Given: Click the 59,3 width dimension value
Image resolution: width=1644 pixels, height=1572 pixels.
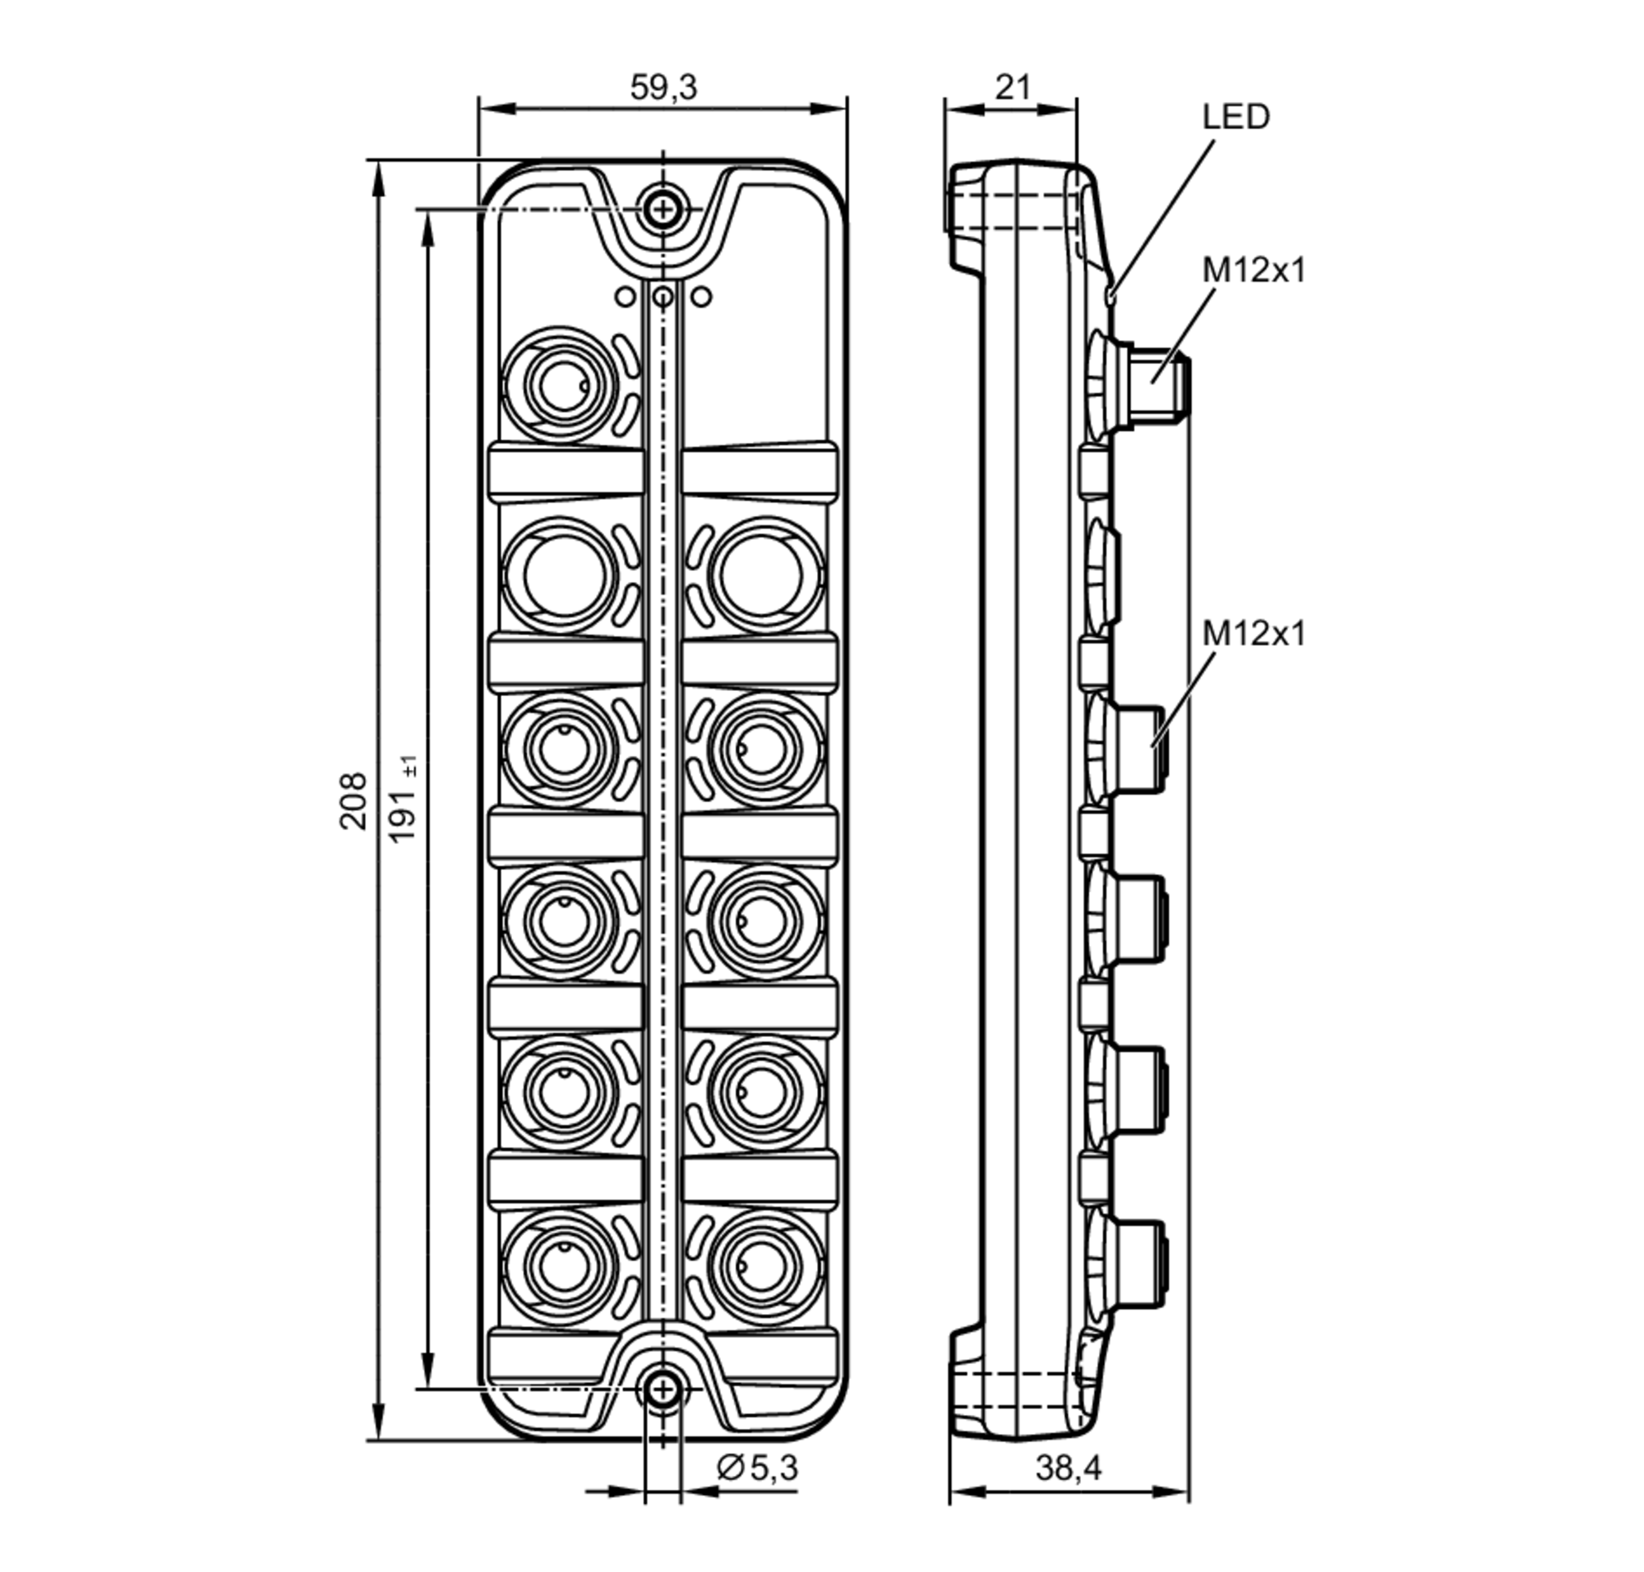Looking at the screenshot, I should pos(663,87).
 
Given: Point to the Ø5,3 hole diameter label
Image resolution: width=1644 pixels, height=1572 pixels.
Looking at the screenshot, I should pos(757,1468).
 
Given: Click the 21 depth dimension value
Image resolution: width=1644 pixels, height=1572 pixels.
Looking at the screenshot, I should pos(1012,87).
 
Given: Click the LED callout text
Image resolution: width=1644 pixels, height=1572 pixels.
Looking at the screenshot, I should pos(1235,117).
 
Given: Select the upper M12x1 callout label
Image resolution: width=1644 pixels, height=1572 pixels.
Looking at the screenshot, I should pos(1254,270).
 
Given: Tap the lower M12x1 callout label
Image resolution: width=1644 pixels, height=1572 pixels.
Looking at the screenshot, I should pos(1254,634).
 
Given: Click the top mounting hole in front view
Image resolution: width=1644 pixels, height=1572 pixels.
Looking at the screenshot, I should pos(663,209).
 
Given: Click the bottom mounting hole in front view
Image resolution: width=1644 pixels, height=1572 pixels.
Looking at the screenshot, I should pos(663,1390).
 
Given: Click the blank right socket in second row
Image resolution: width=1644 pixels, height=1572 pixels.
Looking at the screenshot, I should pos(762,576).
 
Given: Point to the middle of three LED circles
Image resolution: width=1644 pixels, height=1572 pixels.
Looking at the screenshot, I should pos(663,296).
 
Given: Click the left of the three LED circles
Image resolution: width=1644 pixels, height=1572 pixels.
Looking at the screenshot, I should pos(625,296).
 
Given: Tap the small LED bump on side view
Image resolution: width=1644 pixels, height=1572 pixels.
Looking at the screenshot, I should pos(1111,294).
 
